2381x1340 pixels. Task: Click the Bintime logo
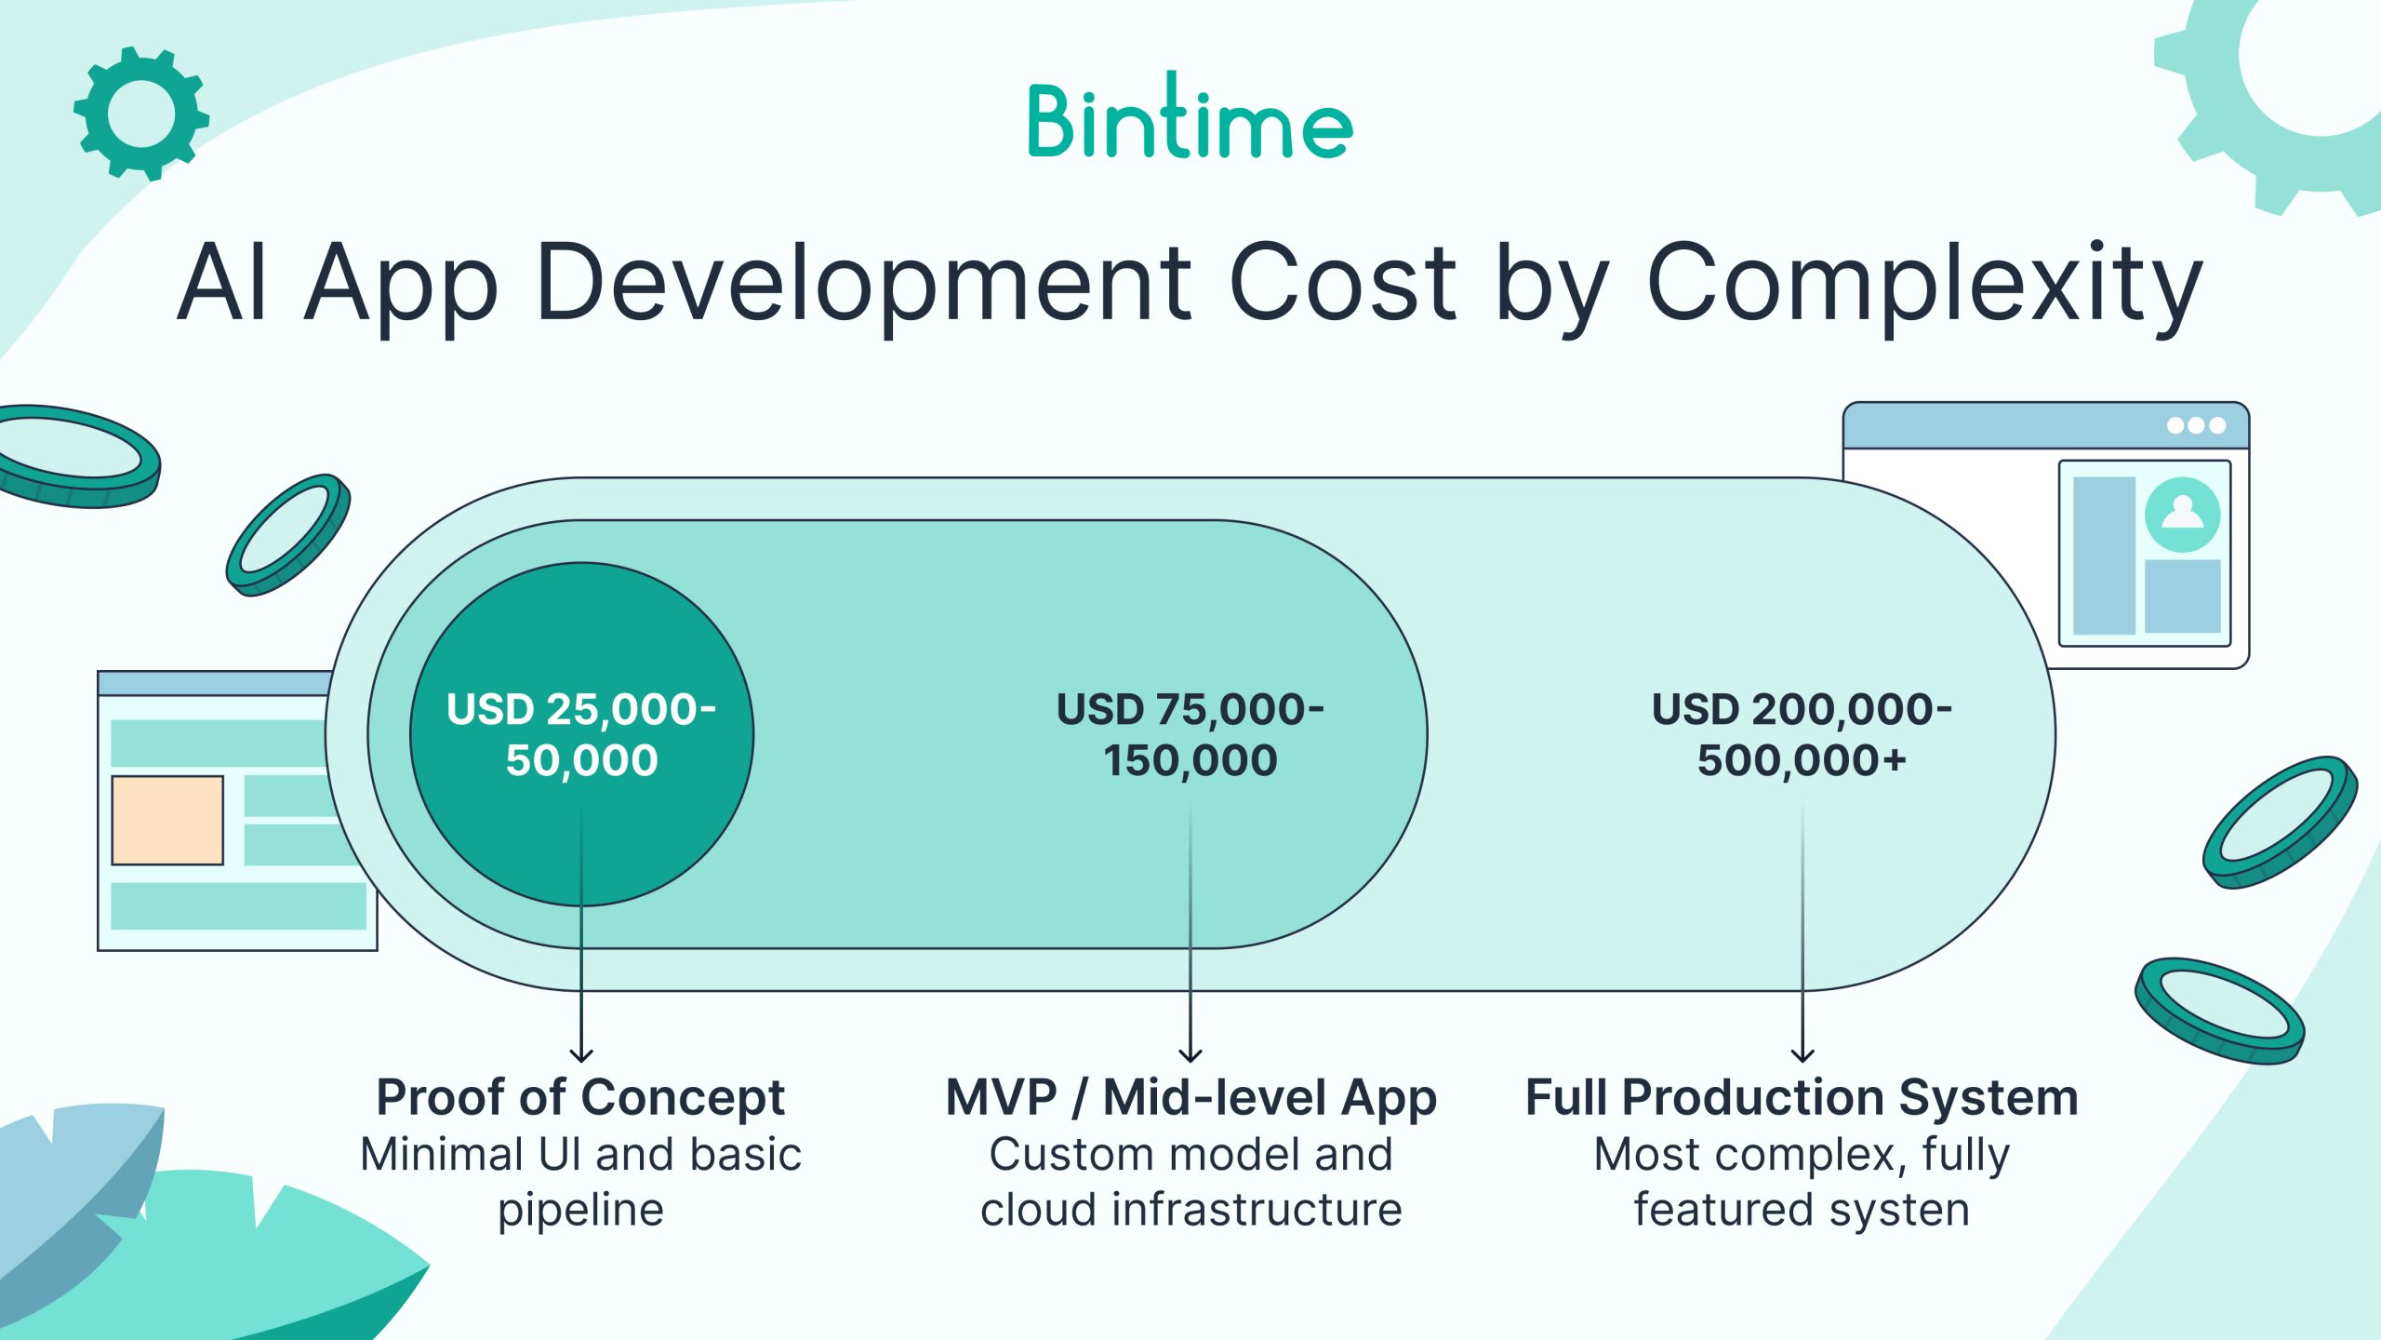coord(1190,116)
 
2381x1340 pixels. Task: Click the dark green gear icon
coord(141,114)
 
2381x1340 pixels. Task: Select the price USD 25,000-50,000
coord(581,734)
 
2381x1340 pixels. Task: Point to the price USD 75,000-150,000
coord(1190,734)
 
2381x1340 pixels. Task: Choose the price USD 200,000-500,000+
coord(1802,734)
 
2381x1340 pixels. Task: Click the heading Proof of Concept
coord(580,1097)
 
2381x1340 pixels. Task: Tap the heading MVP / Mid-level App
coord(1190,1097)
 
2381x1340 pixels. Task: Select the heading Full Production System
coord(1802,1097)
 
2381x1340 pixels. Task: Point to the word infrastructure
coord(1257,1210)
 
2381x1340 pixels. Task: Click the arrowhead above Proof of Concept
coord(581,1055)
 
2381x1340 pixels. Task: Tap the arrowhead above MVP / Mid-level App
coord(1190,1055)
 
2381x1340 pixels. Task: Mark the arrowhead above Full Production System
coord(1802,1055)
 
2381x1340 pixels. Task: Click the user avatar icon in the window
coord(2183,515)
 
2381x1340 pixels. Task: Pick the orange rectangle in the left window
coord(167,820)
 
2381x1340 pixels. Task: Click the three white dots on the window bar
coord(2196,425)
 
